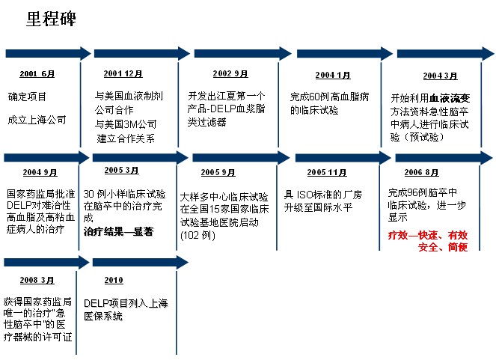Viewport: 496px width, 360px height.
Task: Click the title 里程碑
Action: tap(51, 19)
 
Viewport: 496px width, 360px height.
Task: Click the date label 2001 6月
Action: tap(37, 73)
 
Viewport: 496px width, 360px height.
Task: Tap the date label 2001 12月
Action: tap(123, 73)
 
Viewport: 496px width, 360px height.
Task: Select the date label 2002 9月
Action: tap(230, 73)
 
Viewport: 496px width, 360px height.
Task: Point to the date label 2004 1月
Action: tap(333, 75)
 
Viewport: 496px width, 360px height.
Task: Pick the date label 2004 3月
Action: tap(441, 76)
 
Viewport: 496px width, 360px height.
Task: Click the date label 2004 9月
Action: tap(40, 172)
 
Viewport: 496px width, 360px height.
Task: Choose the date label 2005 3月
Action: tap(121, 170)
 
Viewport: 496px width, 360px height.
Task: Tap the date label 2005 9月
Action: tap(218, 172)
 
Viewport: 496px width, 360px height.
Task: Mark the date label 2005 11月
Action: tap(327, 172)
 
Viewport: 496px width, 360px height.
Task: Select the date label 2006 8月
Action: tap(421, 172)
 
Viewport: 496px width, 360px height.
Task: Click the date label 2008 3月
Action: tap(37, 280)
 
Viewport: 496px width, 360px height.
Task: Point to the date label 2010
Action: tap(114, 280)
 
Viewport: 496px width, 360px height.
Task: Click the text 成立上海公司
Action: tap(37, 120)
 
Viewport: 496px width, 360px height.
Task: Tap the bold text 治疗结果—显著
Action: tap(119, 231)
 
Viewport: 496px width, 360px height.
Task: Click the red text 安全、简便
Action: tap(443, 247)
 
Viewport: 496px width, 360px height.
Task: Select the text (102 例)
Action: tap(198, 235)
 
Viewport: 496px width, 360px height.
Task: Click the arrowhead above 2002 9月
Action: tap(285, 53)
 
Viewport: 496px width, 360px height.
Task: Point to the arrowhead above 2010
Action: tap(183, 263)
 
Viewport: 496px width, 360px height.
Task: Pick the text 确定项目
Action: tap(27, 97)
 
